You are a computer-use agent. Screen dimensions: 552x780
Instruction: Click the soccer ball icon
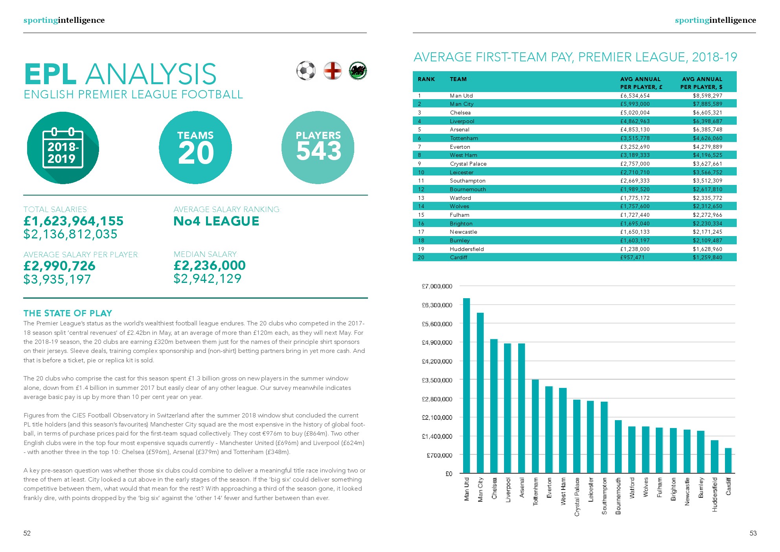[306, 71]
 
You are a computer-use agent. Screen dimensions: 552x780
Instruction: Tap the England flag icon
[332, 71]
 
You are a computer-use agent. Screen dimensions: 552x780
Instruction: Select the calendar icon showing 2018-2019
[63, 148]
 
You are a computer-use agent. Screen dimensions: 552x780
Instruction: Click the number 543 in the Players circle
[318, 151]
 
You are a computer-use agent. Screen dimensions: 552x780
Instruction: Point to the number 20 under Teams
[196, 153]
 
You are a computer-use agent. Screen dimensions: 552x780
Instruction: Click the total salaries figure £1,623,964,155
[74, 221]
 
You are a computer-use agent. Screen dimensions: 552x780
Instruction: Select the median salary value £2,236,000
[210, 266]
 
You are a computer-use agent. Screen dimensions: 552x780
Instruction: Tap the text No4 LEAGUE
[216, 221]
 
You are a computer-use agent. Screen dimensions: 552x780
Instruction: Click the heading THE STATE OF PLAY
[68, 313]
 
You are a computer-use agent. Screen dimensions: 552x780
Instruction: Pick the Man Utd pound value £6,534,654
[635, 96]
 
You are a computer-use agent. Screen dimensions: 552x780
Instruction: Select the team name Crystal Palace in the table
[468, 164]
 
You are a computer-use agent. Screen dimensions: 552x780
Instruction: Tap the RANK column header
[426, 79]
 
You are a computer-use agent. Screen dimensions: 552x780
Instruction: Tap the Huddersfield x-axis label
[714, 495]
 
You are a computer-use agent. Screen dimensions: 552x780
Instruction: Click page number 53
[753, 533]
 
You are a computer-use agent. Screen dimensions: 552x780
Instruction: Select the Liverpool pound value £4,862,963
[635, 121]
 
